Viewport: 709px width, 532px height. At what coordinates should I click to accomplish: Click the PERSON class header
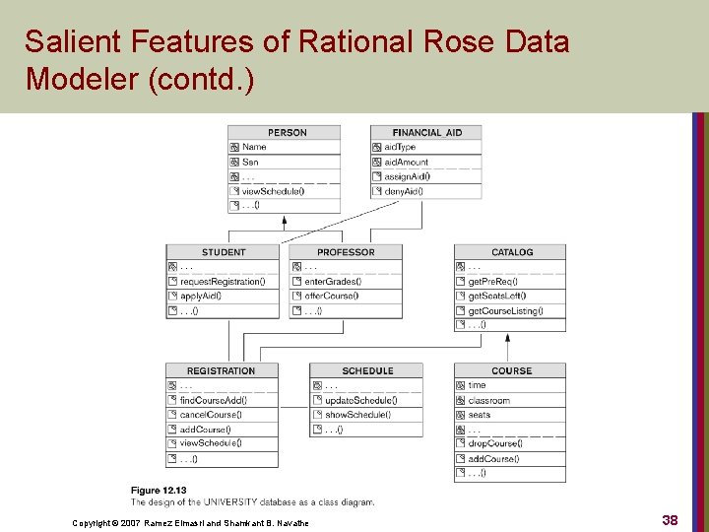[x=287, y=133]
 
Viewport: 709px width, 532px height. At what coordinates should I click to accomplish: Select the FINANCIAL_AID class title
[x=426, y=133]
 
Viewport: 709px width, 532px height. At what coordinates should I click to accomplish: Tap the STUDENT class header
[x=224, y=252]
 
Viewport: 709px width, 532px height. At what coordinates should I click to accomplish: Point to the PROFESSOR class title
[x=346, y=252]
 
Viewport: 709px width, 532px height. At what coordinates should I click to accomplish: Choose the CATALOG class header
[x=511, y=252]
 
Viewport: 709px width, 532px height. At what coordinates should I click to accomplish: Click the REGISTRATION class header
[x=222, y=371]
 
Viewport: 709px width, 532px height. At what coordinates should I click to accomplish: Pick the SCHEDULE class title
[x=367, y=371]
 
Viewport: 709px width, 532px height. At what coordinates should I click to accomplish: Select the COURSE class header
[x=511, y=371]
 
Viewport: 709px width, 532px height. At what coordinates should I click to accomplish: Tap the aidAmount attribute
[x=406, y=162]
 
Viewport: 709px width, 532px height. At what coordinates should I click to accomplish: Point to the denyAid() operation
[x=403, y=191]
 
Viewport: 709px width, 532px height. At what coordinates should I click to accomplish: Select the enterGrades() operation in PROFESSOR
[x=332, y=282]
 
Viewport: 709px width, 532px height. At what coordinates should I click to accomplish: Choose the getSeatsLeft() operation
[x=496, y=296]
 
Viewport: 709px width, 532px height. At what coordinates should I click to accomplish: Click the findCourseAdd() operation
[x=214, y=401]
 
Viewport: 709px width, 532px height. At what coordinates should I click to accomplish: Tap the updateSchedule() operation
[x=360, y=401]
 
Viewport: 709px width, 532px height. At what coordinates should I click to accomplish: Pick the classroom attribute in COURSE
[x=488, y=401]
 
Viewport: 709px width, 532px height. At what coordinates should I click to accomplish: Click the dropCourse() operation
[x=494, y=444]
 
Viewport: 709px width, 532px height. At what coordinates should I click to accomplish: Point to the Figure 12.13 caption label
[x=159, y=491]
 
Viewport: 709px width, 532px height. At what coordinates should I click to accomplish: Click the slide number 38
[x=670, y=520]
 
